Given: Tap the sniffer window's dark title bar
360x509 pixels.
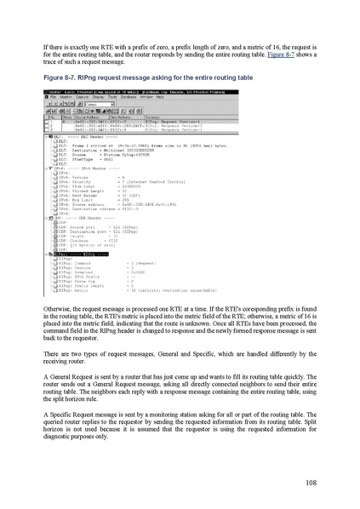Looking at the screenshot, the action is [x=128, y=91].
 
